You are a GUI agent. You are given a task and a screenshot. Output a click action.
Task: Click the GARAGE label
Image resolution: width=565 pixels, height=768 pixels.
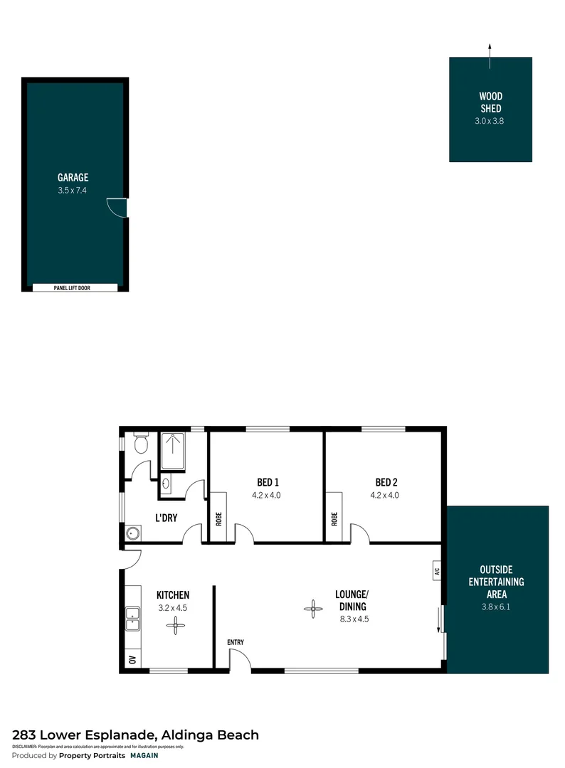[73, 178]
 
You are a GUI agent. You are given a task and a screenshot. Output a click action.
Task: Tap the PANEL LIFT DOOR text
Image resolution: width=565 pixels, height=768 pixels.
[75, 288]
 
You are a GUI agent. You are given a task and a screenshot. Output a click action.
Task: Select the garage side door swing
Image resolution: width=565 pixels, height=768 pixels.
[117, 208]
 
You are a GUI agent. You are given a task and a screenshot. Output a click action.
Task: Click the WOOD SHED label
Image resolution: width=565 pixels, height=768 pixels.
[490, 102]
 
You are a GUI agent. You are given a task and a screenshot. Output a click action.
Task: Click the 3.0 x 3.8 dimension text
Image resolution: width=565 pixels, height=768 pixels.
[490, 121]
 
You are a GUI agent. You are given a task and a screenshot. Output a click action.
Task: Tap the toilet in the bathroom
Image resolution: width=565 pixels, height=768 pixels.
[140, 444]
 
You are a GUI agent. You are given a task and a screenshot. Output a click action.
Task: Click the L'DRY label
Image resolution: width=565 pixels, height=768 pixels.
[166, 518]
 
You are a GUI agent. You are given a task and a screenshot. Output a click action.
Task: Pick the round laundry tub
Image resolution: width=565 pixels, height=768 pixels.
[131, 533]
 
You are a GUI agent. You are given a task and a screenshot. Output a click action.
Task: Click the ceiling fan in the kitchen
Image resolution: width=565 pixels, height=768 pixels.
[175, 625]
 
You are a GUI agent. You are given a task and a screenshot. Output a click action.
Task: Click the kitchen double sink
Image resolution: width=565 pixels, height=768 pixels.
[132, 619]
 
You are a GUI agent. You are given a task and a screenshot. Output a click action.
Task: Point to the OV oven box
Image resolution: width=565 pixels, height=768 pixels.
[132, 659]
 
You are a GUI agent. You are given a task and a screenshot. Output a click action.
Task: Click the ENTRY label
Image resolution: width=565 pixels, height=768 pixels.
[236, 643]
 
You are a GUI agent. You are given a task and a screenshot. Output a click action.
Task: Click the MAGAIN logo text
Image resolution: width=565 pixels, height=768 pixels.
[144, 756]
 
